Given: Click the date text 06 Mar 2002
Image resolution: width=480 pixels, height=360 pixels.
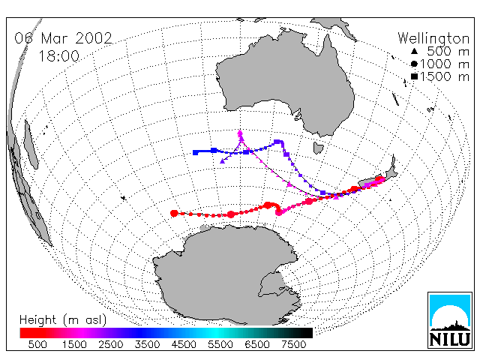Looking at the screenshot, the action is coord(63,38).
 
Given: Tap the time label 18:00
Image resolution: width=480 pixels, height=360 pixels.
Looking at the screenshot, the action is coord(58,56).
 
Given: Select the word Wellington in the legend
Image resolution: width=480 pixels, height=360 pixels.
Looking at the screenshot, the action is coord(433,39).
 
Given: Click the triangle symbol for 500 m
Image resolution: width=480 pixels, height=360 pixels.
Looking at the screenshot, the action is coord(414,51).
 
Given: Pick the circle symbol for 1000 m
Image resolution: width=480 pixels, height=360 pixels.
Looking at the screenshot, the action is coord(414,64).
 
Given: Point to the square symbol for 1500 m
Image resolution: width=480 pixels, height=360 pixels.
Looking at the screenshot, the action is coord(414,76).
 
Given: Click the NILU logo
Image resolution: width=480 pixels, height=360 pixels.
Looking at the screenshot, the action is coord(450,320).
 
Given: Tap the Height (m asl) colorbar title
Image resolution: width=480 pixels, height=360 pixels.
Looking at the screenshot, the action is coord(63,320).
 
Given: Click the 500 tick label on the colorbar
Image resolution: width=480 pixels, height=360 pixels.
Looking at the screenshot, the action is coord(37,345).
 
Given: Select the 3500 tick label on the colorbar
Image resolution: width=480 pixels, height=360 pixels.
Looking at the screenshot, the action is coord(147,345).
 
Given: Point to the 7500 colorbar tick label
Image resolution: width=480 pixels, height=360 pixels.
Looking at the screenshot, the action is coord(293,345).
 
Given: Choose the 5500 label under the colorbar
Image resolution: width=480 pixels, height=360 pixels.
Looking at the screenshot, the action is coord(220,345).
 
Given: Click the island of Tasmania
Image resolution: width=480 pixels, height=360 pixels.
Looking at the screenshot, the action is coord(318,148).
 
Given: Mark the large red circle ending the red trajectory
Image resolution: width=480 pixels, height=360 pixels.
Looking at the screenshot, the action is coord(174,213).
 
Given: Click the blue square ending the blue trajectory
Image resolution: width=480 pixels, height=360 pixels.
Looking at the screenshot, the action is coord(195,152).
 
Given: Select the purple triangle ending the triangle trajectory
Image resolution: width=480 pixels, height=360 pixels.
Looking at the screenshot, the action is coord(223,161).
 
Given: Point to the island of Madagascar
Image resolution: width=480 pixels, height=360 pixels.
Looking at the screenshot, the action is coord(31,145).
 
